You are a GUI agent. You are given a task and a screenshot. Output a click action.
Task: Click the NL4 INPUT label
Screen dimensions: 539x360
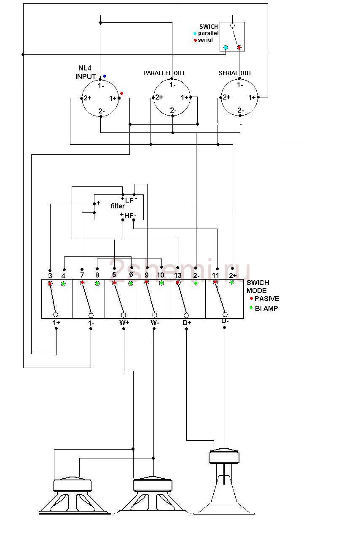coord(86,73)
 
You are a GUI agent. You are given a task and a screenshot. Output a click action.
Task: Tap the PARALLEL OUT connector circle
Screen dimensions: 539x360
coord(172,98)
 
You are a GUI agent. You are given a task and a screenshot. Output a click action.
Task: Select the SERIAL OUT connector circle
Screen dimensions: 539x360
coord(239,98)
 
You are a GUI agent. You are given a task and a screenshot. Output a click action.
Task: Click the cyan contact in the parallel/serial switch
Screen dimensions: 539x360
coord(226,47)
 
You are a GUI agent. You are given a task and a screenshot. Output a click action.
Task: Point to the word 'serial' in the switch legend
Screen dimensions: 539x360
coord(205,40)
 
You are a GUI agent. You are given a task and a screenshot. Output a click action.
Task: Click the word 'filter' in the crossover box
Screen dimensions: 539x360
coord(118,206)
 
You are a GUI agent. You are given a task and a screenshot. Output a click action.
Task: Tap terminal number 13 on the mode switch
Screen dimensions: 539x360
coord(177,275)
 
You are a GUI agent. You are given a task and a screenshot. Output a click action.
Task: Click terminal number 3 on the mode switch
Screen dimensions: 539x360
coord(50,275)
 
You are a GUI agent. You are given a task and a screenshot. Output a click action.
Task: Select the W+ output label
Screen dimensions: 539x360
coord(124,323)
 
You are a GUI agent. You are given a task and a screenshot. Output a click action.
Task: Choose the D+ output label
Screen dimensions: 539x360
coord(187,323)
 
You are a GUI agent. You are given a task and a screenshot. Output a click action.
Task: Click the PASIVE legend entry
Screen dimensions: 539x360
coord(266,299)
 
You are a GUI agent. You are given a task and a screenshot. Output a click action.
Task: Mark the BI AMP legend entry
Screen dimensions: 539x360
coord(266,308)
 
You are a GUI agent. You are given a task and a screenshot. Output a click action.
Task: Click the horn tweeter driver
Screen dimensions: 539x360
coord(224,485)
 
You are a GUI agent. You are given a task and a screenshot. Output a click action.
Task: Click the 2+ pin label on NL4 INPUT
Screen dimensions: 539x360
coord(87,98)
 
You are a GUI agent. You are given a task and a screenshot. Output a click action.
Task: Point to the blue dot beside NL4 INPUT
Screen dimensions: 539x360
coord(105,76)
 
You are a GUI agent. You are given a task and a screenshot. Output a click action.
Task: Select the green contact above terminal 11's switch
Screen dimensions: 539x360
coord(232,282)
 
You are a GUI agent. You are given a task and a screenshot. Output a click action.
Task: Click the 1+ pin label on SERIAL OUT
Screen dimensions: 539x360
coord(252,97)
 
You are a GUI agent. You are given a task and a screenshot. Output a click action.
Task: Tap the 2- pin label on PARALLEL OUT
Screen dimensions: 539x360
coord(173,110)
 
